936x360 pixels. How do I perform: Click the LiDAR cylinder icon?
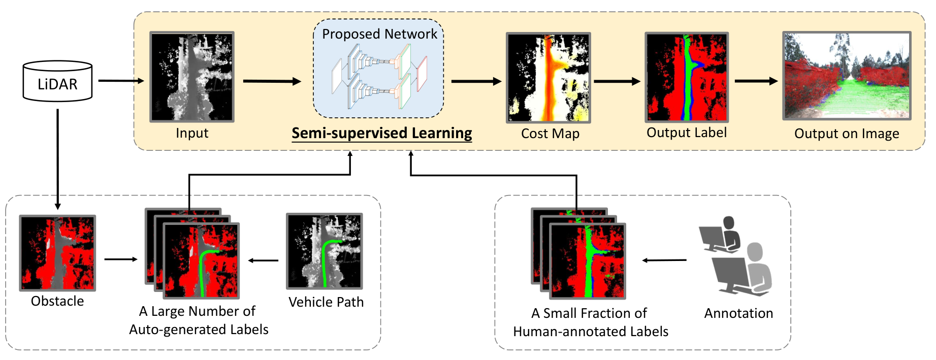point(57,81)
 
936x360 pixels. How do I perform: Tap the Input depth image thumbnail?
point(192,77)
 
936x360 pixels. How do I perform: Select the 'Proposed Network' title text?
point(379,34)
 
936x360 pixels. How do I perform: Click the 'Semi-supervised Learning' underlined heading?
point(382,134)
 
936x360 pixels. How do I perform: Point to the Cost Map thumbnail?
point(548,78)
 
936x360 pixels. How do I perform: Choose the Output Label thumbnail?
point(687,77)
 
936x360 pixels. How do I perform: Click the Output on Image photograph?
point(847,76)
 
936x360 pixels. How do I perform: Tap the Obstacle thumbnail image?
point(57,253)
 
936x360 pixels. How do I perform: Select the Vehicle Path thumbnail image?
point(325,251)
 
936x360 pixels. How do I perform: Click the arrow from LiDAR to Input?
point(121,80)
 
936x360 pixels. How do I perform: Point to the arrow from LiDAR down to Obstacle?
point(57,159)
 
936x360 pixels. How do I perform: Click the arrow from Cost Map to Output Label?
point(617,81)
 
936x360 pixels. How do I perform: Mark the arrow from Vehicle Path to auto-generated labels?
point(263,260)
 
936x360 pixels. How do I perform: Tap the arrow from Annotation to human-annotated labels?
point(664,260)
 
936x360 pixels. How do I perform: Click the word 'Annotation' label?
point(738,313)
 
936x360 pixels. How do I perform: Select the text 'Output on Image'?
point(847,134)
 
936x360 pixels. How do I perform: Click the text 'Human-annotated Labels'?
point(591,332)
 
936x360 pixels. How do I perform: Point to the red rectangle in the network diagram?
point(422,74)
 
